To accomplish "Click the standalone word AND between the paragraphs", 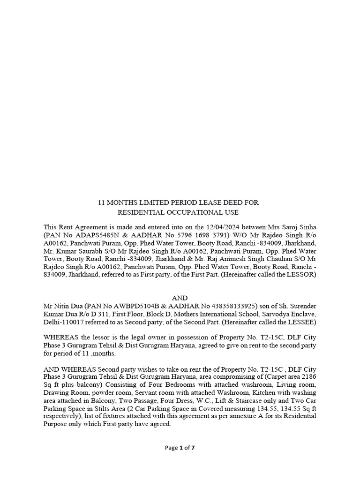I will [x=180, y=298].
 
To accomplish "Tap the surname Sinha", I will [x=307, y=226].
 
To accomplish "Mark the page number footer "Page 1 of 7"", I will [x=180, y=448].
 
